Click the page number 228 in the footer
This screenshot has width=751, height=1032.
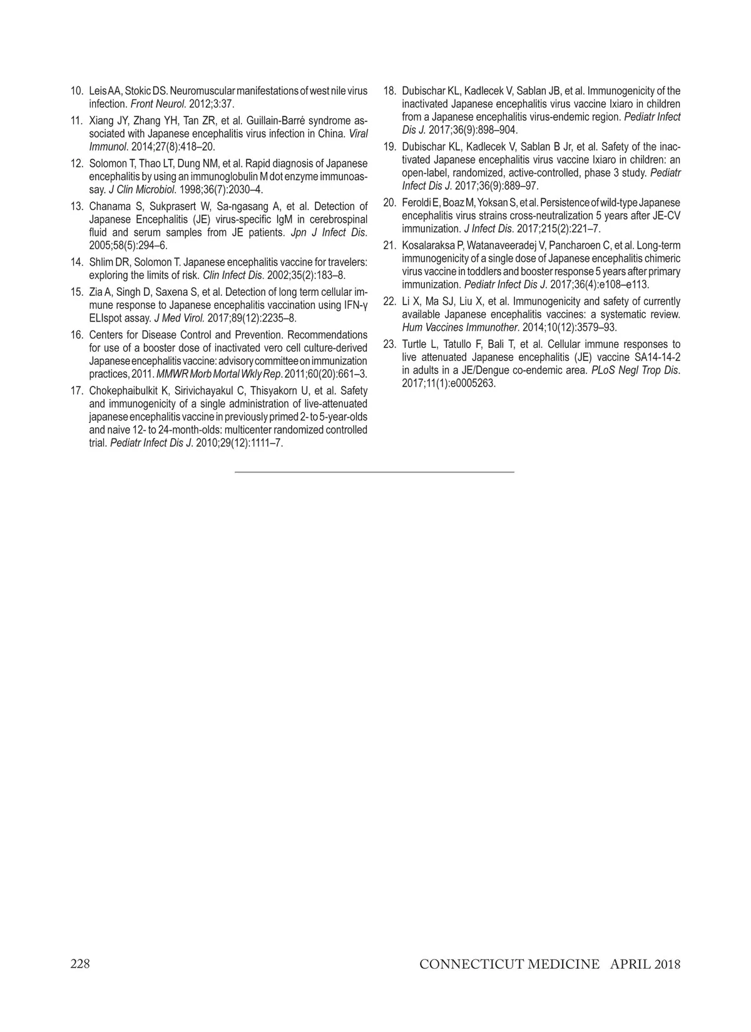pos(80,964)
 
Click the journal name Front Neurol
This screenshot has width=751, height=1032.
pos(152,104)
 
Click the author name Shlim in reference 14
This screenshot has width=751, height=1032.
pos(101,261)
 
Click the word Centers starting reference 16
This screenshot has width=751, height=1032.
pos(108,335)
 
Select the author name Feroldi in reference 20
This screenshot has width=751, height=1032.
pos(417,202)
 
